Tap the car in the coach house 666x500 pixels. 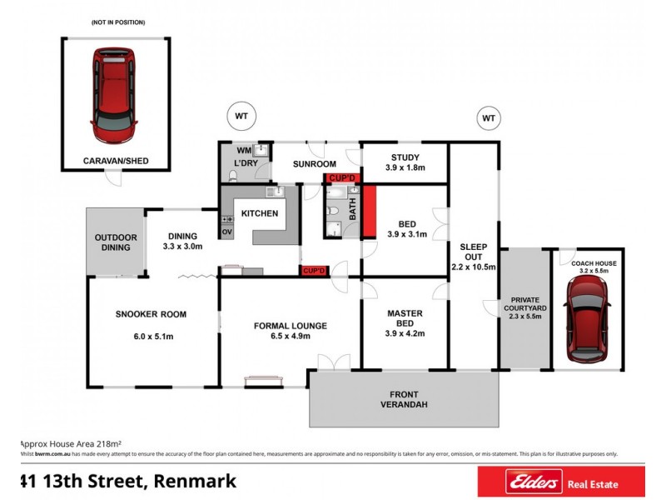tap(589, 320)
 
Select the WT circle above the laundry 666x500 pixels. tap(242, 115)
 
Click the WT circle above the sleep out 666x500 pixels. tap(488, 118)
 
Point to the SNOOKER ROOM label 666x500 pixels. tap(151, 314)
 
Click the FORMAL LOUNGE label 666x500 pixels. tap(290, 325)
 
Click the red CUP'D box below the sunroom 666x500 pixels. tap(342, 178)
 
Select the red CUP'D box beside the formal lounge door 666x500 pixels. tap(314, 270)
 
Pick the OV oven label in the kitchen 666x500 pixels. tap(226, 231)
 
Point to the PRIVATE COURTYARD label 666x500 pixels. tap(524, 304)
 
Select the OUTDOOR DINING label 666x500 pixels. tap(116, 241)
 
